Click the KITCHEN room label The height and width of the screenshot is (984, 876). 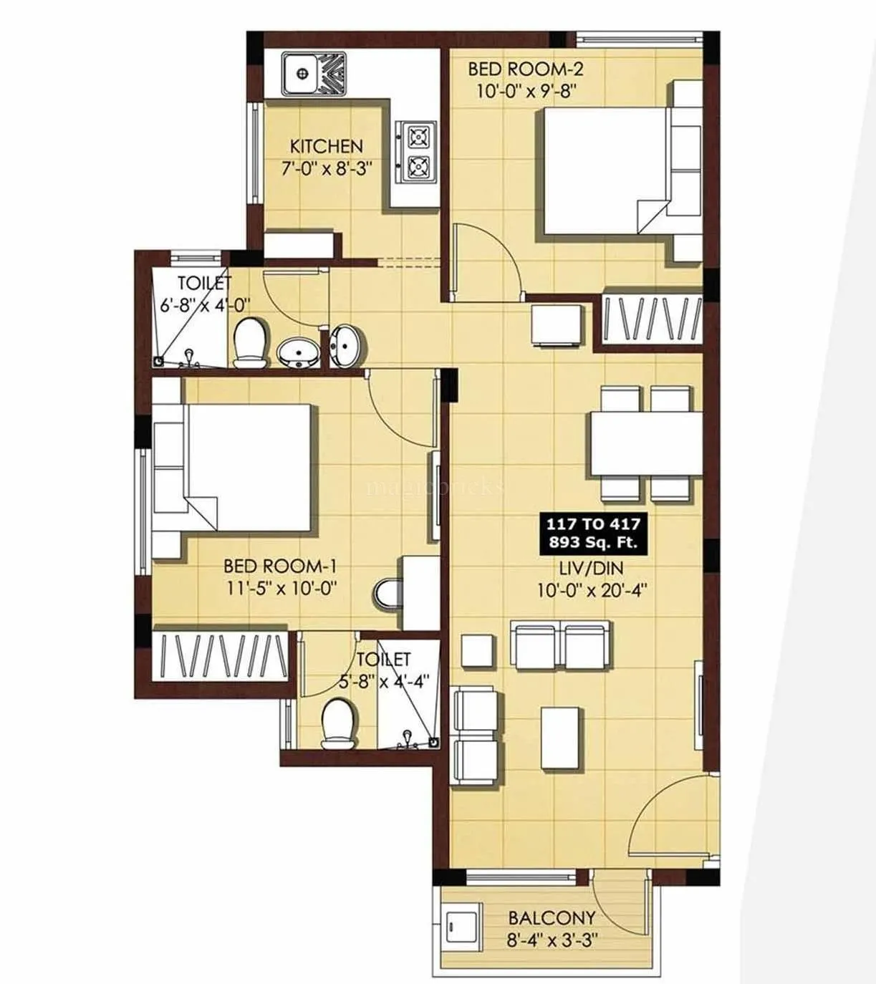pos(326,146)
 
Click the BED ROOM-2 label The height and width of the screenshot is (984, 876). pos(525,69)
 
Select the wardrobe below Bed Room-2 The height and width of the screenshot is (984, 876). pos(650,318)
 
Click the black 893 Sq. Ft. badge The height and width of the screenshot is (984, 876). pos(593,533)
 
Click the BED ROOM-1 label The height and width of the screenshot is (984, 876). pos(280,566)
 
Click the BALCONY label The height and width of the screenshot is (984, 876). pos(552,917)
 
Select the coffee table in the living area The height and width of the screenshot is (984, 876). pos(559,738)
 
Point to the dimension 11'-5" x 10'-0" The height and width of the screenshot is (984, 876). pos(280,588)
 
